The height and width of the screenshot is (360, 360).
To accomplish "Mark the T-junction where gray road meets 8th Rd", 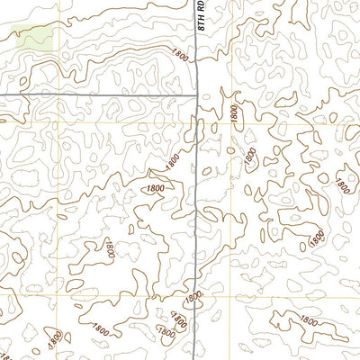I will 198,94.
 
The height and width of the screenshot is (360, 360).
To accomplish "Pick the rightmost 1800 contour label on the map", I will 341,184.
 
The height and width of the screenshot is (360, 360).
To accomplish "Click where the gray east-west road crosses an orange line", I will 61,94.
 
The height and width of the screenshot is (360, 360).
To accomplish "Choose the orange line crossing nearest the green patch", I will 61,94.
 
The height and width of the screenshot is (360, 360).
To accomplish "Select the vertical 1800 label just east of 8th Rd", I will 234,113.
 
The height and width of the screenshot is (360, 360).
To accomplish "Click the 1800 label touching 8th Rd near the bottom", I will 192,297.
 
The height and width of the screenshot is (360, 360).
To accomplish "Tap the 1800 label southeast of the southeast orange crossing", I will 309,319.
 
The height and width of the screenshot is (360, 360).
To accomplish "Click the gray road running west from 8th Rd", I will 99,94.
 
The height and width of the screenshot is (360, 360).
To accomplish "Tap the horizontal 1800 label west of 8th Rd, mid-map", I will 154,188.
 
